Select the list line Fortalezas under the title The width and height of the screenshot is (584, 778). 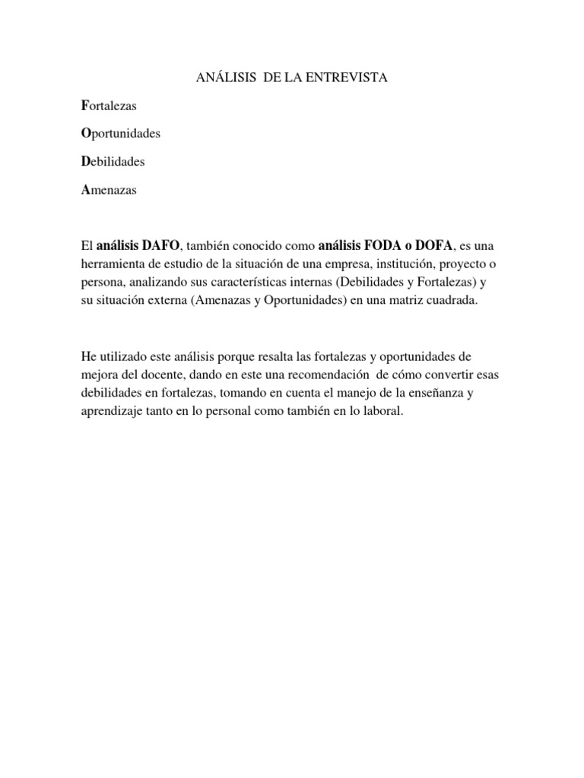pyautogui.click(x=108, y=106)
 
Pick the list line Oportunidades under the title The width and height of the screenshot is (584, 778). pyautogui.click(x=120, y=134)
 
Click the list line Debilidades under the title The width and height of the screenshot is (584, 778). pyautogui.click(x=113, y=162)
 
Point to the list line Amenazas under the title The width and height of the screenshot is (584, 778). pyautogui.click(x=108, y=190)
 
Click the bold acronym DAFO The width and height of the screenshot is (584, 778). pyautogui.click(x=160, y=246)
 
